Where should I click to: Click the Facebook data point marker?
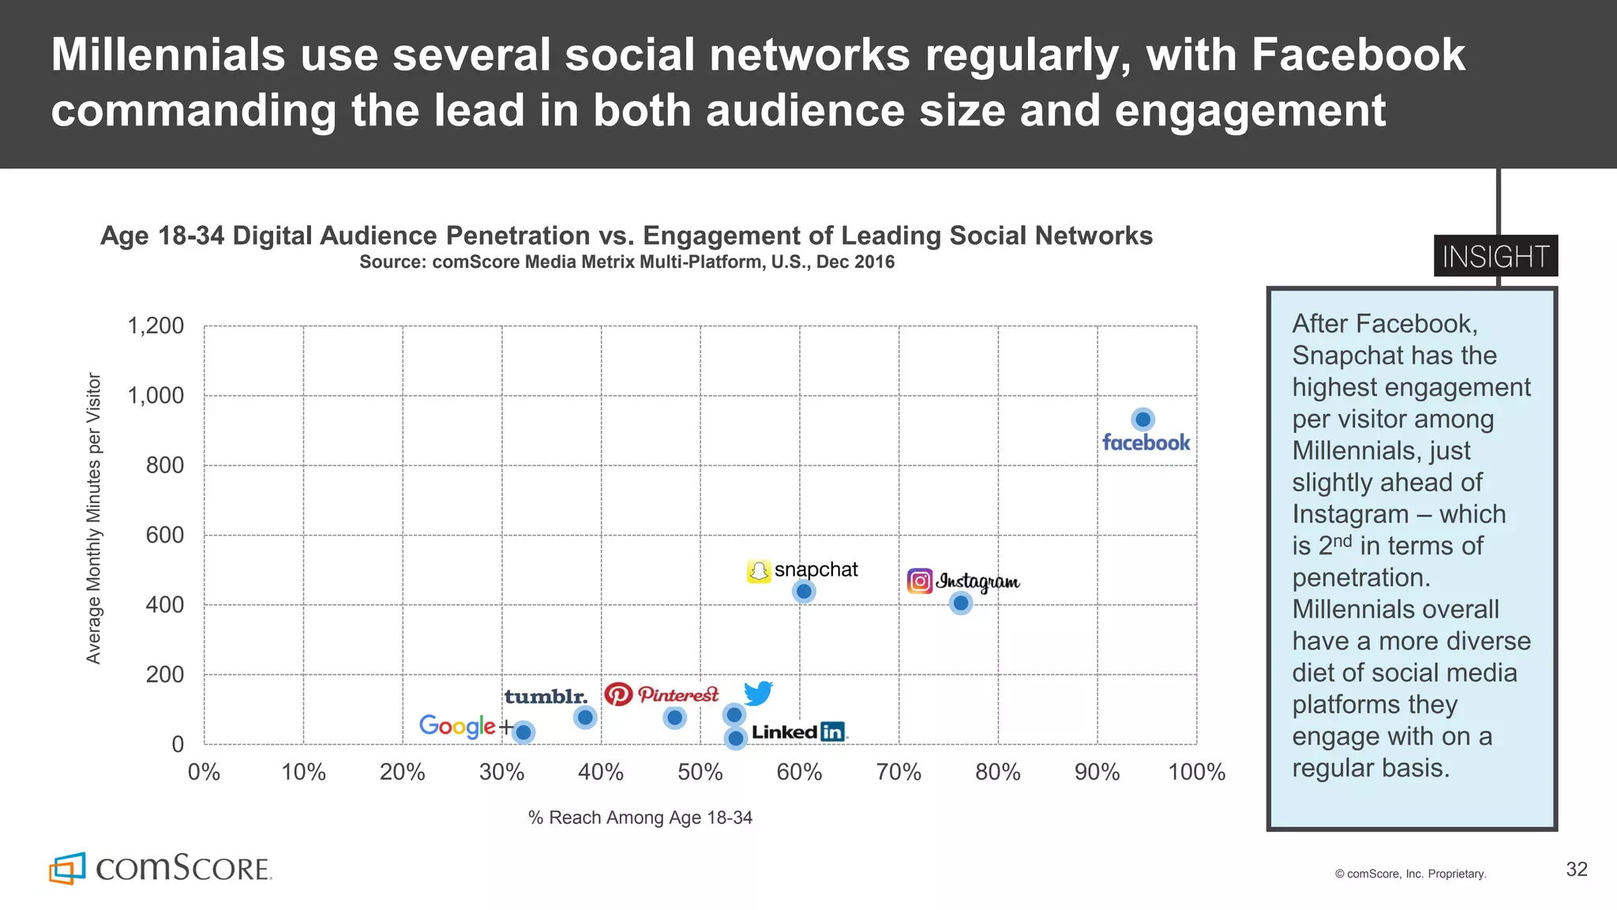[1142, 419]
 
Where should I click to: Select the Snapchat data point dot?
[804, 592]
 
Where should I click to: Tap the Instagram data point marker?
[960, 604]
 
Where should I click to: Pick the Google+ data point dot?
[523, 732]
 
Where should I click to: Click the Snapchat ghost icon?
[758, 571]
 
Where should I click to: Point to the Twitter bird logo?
[758, 694]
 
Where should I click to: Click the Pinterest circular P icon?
[618, 694]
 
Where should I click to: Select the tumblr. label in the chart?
[546, 697]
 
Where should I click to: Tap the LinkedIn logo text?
[797, 732]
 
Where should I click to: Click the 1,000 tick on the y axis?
[156, 396]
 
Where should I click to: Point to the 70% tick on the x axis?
[899, 772]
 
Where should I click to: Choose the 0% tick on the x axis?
[204, 772]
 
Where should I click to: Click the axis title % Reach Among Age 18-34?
[640, 818]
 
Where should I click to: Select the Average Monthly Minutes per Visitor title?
[94, 518]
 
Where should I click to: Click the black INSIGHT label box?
[1495, 257]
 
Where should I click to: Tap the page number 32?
[1576, 870]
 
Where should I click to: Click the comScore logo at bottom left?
[160, 868]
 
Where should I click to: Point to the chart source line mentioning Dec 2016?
[627, 262]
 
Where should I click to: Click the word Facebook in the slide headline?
[1357, 55]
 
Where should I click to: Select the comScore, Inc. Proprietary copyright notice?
[1410, 874]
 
